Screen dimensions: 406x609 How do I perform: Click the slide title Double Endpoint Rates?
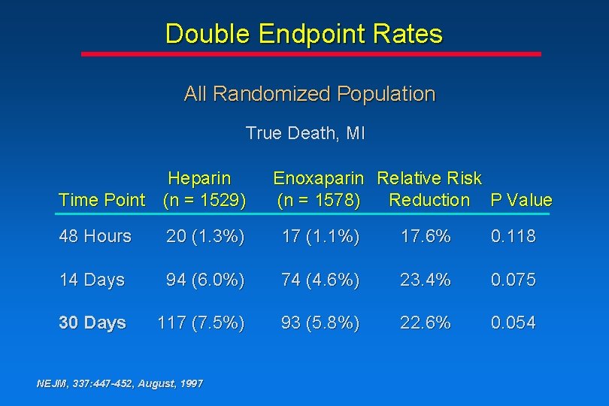pos(304,34)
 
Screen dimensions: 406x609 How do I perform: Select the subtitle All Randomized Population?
pos(309,94)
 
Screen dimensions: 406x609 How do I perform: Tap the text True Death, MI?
pos(304,134)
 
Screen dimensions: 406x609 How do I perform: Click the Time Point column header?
pos(101,200)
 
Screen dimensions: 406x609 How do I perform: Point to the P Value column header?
pos(521,200)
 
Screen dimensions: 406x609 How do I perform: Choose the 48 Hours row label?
pos(95,236)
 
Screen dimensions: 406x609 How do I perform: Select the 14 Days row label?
pos(91,280)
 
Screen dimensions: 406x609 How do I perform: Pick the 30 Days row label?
pos(92,323)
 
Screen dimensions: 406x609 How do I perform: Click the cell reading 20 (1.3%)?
pos(205,236)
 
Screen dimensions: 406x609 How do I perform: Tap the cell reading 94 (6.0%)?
pos(205,280)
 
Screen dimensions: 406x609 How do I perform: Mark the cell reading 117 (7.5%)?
pos(201,323)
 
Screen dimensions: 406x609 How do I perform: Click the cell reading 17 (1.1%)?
pos(320,236)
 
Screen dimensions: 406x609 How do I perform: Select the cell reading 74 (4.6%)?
pos(320,280)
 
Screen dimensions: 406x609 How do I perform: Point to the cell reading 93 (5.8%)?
pos(320,323)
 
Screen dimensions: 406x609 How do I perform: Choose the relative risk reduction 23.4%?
pos(426,280)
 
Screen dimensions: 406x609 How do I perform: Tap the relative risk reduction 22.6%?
pos(426,323)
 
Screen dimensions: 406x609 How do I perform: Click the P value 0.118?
pos(514,236)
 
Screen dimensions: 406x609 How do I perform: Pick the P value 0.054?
pos(514,323)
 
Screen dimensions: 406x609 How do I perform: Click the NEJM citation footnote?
pos(120,383)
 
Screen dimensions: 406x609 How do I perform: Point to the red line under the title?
pos(311,54)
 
